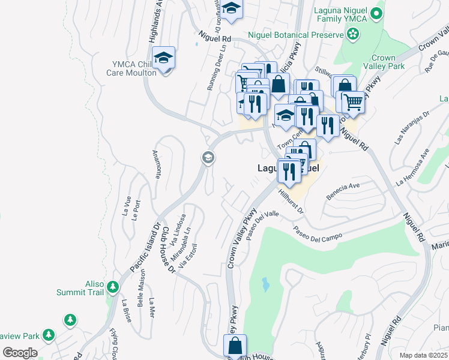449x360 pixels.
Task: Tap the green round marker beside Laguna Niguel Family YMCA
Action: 376,13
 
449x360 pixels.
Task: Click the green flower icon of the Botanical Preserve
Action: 354,34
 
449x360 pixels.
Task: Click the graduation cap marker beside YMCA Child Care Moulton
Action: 163,59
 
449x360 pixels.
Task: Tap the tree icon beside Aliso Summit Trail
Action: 112,289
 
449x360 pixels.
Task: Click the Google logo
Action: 20,352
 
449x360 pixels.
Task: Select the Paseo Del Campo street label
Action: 318,235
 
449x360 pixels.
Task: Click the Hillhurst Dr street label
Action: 292,202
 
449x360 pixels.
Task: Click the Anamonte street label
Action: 158,164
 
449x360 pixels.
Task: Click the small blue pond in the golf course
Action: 265,284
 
